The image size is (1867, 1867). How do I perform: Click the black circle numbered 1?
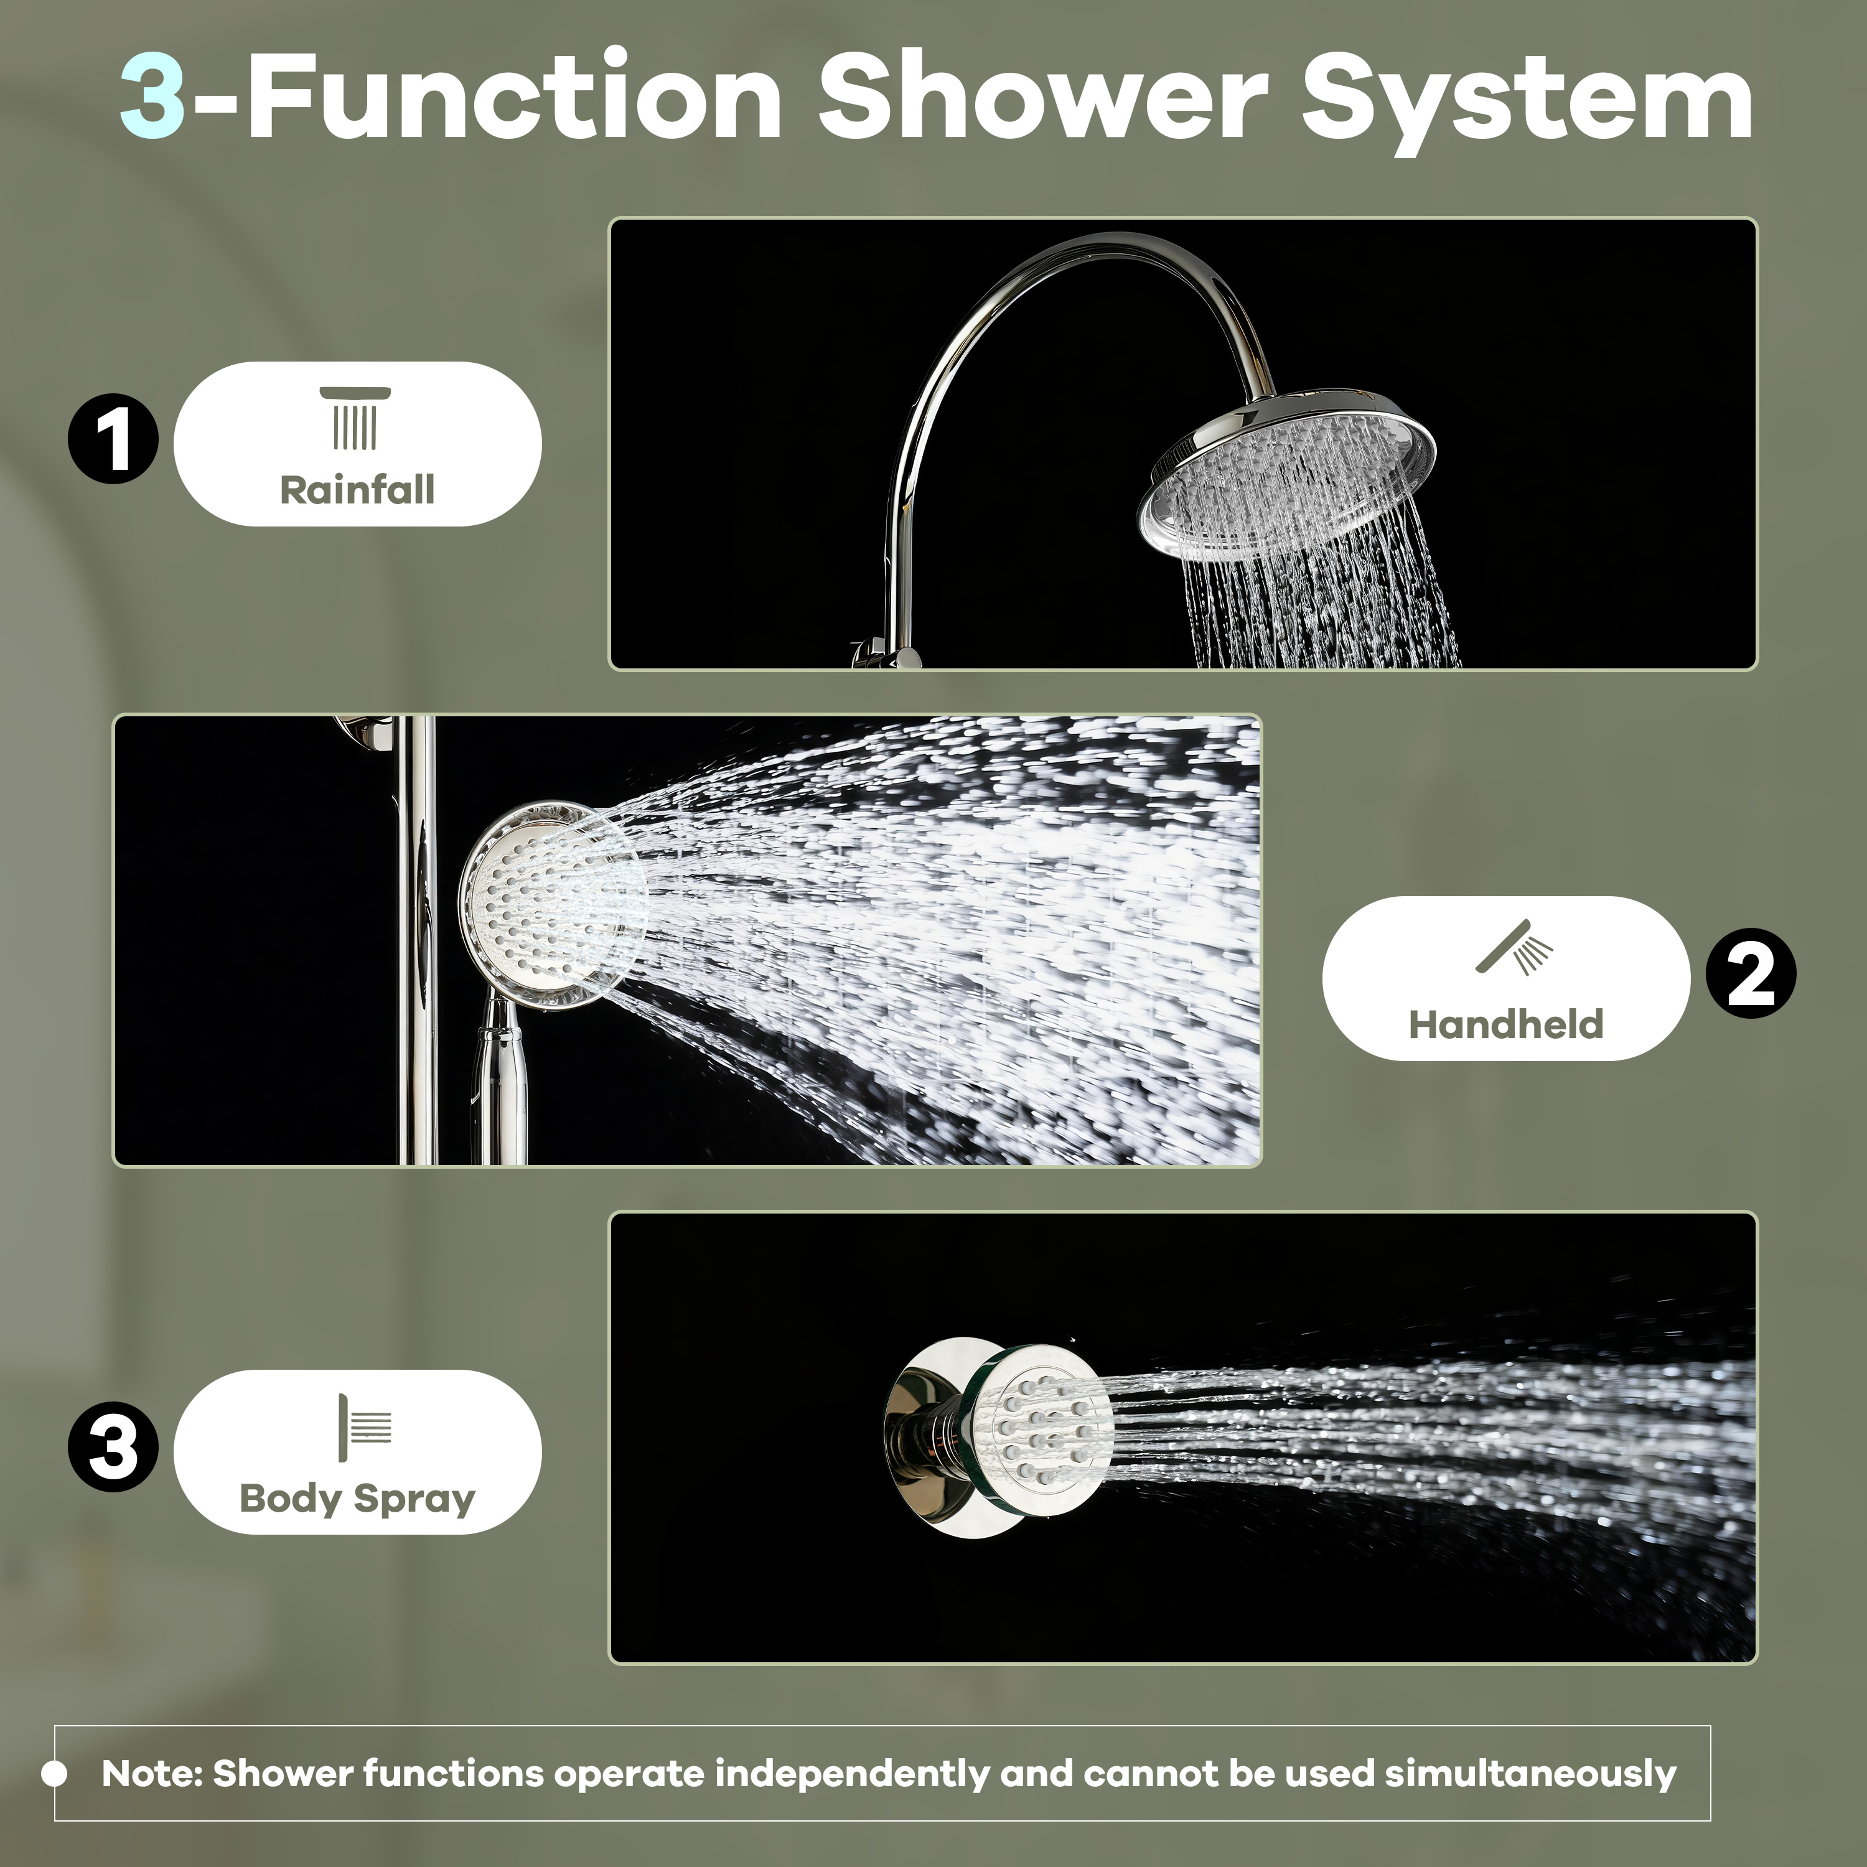click(113, 439)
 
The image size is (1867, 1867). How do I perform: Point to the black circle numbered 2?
click(1750, 973)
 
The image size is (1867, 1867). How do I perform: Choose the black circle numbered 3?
click(113, 1447)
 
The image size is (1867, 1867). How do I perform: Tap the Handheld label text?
click(1505, 1024)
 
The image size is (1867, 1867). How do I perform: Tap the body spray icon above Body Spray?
click(364, 1427)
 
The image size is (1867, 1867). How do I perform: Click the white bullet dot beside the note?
click(55, 1773)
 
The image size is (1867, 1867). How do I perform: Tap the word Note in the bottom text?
click(150, 1773)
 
